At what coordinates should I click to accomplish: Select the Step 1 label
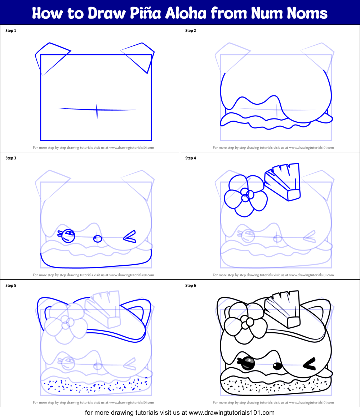(11, 31)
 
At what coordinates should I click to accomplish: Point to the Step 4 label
(191, 158)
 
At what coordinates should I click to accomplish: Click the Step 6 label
(191, 286)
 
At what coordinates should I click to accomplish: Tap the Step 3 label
(11, 158)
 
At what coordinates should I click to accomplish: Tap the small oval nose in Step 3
(98, 238)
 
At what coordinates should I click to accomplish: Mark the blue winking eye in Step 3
(130, 236)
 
